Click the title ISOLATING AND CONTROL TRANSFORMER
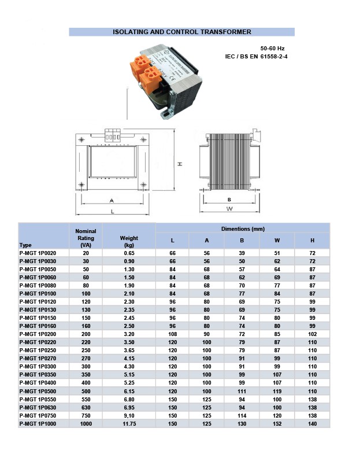181,32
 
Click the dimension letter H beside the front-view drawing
180,164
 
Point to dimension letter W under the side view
229,208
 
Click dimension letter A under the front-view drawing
111,200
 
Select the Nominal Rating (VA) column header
86,238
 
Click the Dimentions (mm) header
243,229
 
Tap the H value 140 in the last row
312,425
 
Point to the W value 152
277,425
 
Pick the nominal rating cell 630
86,408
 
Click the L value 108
172,334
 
